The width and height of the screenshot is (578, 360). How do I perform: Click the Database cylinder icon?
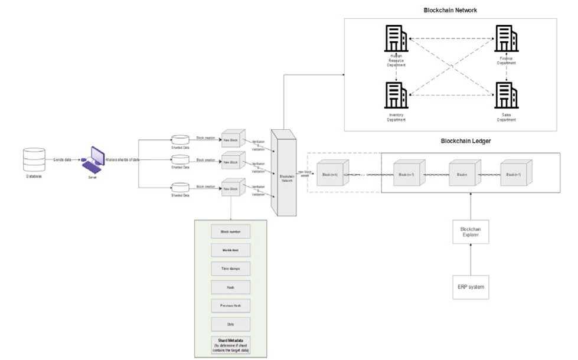tap(34, 159)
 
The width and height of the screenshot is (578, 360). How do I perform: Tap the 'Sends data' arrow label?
tap(63, 160)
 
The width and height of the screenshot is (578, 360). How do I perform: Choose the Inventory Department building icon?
tap(395, 94)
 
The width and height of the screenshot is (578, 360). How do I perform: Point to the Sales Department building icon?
tap(506, 94)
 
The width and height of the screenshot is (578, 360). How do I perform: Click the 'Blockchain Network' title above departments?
tap(450, 11)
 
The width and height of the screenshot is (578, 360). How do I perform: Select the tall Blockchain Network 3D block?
tap(283, 175)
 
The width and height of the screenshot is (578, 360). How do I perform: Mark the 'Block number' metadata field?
tap(231, 231)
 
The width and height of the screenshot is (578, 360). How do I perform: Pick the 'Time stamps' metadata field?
tap(231, 269)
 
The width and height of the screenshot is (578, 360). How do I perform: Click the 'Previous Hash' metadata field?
tap(231, 305)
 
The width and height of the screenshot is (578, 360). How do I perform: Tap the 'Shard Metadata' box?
tap(231, 344)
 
